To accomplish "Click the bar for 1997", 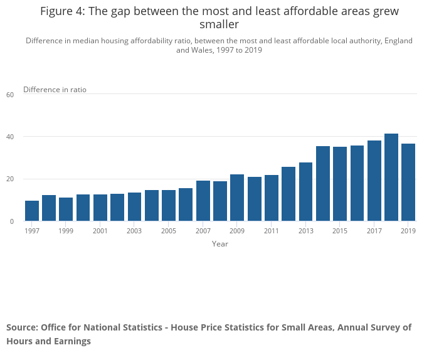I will tap(32, 211).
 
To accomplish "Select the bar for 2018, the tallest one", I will tap(391, 177).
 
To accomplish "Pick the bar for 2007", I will tap(203, 201).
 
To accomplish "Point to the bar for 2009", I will tap(237, 198).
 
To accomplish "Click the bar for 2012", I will tap(288, 194).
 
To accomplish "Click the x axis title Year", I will tap(220, 244).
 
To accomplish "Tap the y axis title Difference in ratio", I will tap(55, 90).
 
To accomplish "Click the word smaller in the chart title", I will tap(219, 24).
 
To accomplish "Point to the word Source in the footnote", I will tap(22, 327).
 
